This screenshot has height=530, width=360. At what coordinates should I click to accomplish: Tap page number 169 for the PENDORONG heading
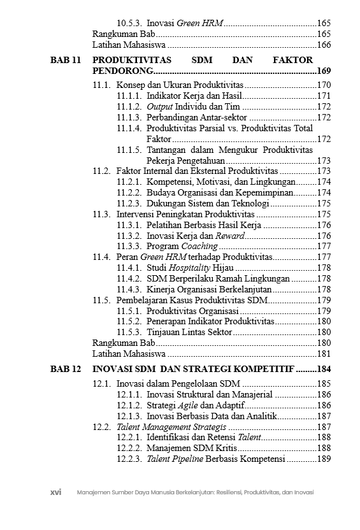[x=323, y=71]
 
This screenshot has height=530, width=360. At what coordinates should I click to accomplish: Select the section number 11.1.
[x=102, y=85]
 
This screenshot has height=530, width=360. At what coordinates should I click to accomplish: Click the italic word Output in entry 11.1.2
[x=160, y=106]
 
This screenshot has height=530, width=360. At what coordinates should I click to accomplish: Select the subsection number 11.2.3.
[x=129, y=203]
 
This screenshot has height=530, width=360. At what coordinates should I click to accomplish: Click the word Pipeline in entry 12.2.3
[x=188, y=459]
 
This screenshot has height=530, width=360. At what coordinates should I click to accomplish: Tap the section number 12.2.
[x=102, y=427]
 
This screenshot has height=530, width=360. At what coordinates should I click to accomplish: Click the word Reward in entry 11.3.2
[x=229, y=235]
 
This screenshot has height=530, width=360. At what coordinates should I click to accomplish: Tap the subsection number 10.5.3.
[x=129, y=23]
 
